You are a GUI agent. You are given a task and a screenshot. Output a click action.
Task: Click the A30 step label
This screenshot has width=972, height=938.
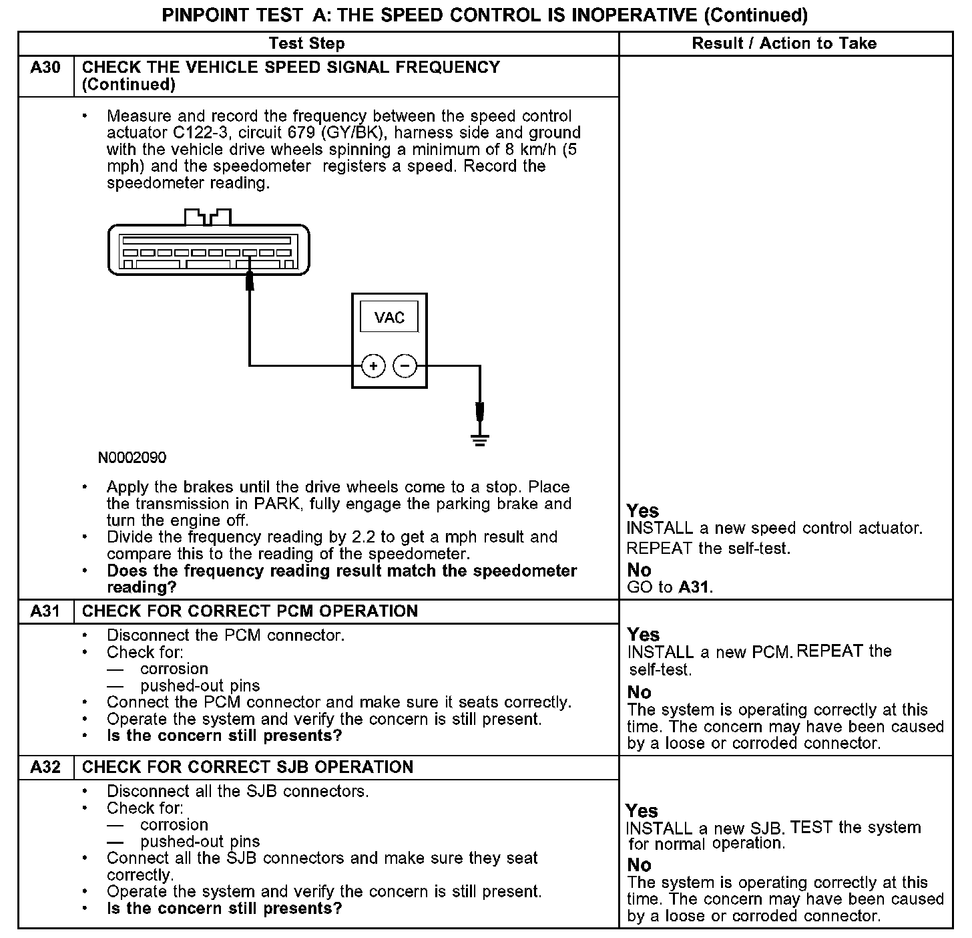point(45,67)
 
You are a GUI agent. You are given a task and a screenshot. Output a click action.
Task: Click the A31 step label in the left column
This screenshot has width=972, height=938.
point(45,611)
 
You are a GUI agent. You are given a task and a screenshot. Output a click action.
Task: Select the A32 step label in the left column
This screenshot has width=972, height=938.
point(45,767)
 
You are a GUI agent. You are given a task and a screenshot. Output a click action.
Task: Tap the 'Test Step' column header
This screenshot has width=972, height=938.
point(306,44)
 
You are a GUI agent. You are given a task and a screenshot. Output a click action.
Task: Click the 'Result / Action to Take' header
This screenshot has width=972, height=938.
point(784,44)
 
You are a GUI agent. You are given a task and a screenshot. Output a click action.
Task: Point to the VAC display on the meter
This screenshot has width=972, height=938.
point(389,317)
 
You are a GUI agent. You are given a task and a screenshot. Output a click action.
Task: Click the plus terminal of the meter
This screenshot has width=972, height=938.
point(373,366)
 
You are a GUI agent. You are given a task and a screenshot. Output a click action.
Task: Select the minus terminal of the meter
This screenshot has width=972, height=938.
point(405,366)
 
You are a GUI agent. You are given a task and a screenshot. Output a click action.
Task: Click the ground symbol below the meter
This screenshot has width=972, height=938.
point(479,439)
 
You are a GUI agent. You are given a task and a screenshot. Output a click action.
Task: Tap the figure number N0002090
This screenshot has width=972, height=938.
point(132,458)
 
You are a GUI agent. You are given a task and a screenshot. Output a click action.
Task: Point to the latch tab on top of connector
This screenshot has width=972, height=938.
point(208,217)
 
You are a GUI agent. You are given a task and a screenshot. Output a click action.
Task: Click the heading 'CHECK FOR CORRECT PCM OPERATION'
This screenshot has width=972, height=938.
point(250,611)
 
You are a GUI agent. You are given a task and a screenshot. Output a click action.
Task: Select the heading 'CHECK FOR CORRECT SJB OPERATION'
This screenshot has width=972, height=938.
point(248,767)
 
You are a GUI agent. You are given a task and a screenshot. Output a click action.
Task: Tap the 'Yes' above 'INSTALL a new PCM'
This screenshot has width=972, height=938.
point(644,634)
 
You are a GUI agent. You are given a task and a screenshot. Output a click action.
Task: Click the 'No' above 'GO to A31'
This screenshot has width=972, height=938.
point(639,570)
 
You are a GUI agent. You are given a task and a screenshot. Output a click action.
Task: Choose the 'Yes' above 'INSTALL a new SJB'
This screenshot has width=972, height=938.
point(642,810)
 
